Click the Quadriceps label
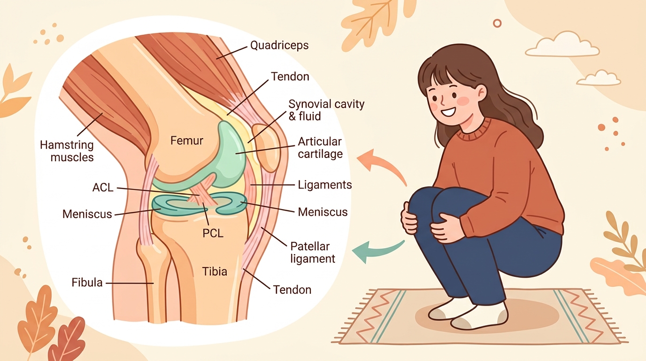[x=279, y=45]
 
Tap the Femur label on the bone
[x=186, y=141]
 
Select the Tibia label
[x=214, y=272]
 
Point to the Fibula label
[x=87, y=283]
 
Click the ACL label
[x=103, y=188]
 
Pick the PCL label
[x=213, y=233]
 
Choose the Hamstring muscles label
[x=67, y=151]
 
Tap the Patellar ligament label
[x=313, y=252]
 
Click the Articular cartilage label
[x=320, y=148]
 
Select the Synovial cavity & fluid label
[x=326, y=110]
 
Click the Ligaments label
[x=325, y=185]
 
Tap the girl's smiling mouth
[x=448, y=111]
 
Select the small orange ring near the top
[x=497, y=24]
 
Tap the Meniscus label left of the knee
[x=87, y=214]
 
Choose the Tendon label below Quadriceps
[x=290, y=77]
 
